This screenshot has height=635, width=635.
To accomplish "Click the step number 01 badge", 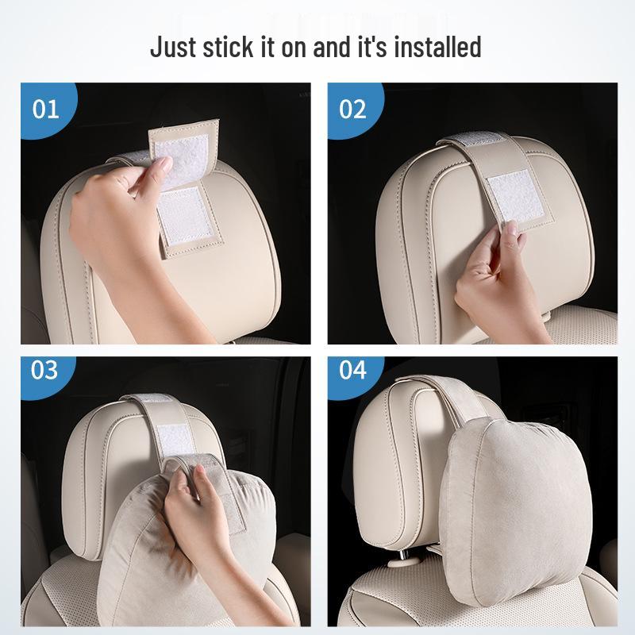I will [x=45, y=108].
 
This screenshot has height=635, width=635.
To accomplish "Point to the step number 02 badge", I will [x=352, y=108].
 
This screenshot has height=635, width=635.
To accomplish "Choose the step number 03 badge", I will [x=45, y=370].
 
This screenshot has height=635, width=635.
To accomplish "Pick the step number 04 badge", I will [x=352, y=370].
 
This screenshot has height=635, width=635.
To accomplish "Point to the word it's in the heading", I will [x=373, y=47].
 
